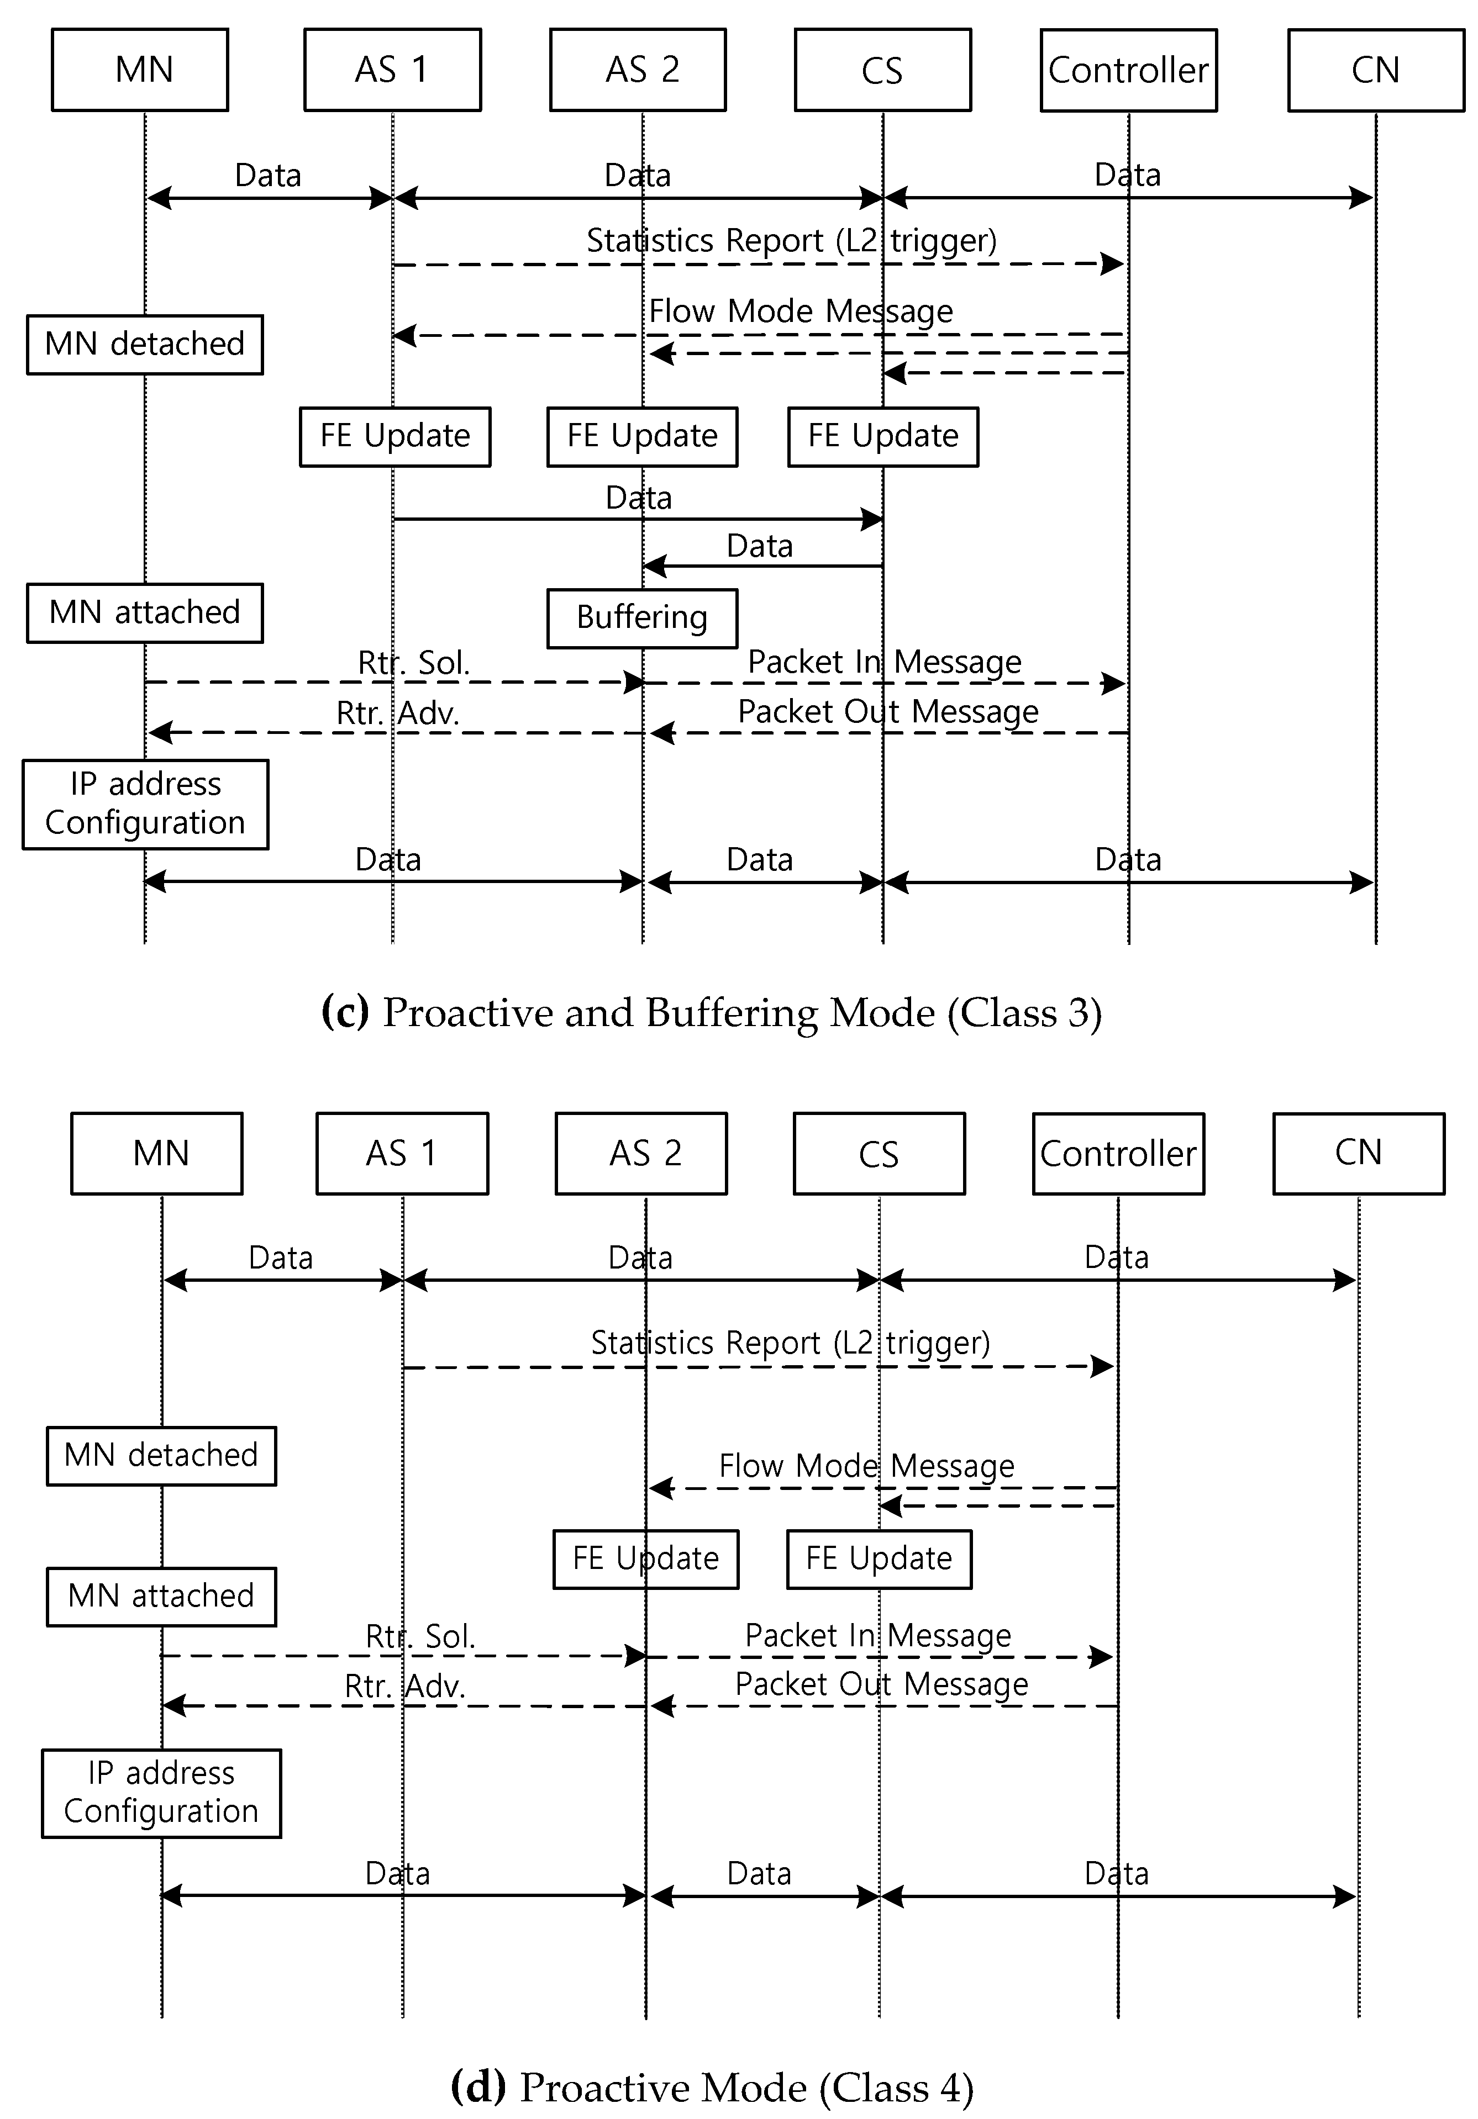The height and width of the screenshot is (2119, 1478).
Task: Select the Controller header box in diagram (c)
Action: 1128,70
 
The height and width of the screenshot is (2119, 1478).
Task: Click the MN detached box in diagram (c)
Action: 145,344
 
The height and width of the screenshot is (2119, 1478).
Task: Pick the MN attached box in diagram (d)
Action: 161,1595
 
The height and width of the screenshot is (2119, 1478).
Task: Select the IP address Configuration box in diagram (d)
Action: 161,1792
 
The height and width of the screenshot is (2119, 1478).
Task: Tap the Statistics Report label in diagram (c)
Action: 791,241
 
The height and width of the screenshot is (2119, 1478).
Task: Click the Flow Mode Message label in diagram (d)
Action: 866,1466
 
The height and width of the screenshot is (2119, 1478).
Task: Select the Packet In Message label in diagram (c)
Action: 883,662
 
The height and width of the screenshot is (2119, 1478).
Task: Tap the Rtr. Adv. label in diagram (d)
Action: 404,1686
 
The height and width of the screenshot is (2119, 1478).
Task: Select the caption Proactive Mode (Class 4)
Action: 711,2088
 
